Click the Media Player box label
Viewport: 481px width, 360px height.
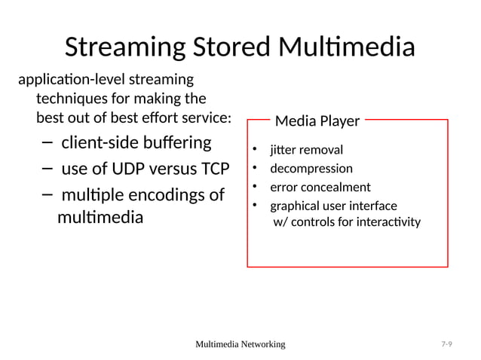317,121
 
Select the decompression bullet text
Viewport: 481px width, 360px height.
311,168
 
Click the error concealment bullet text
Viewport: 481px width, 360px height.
320,187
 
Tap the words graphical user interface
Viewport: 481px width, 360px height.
333,206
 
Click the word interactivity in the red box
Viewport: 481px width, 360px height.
388,222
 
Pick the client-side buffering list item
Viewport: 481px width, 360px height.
136,142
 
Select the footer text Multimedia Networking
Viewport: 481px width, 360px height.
240,344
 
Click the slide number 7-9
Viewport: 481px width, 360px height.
446,344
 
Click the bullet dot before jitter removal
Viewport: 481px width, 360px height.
255,149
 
